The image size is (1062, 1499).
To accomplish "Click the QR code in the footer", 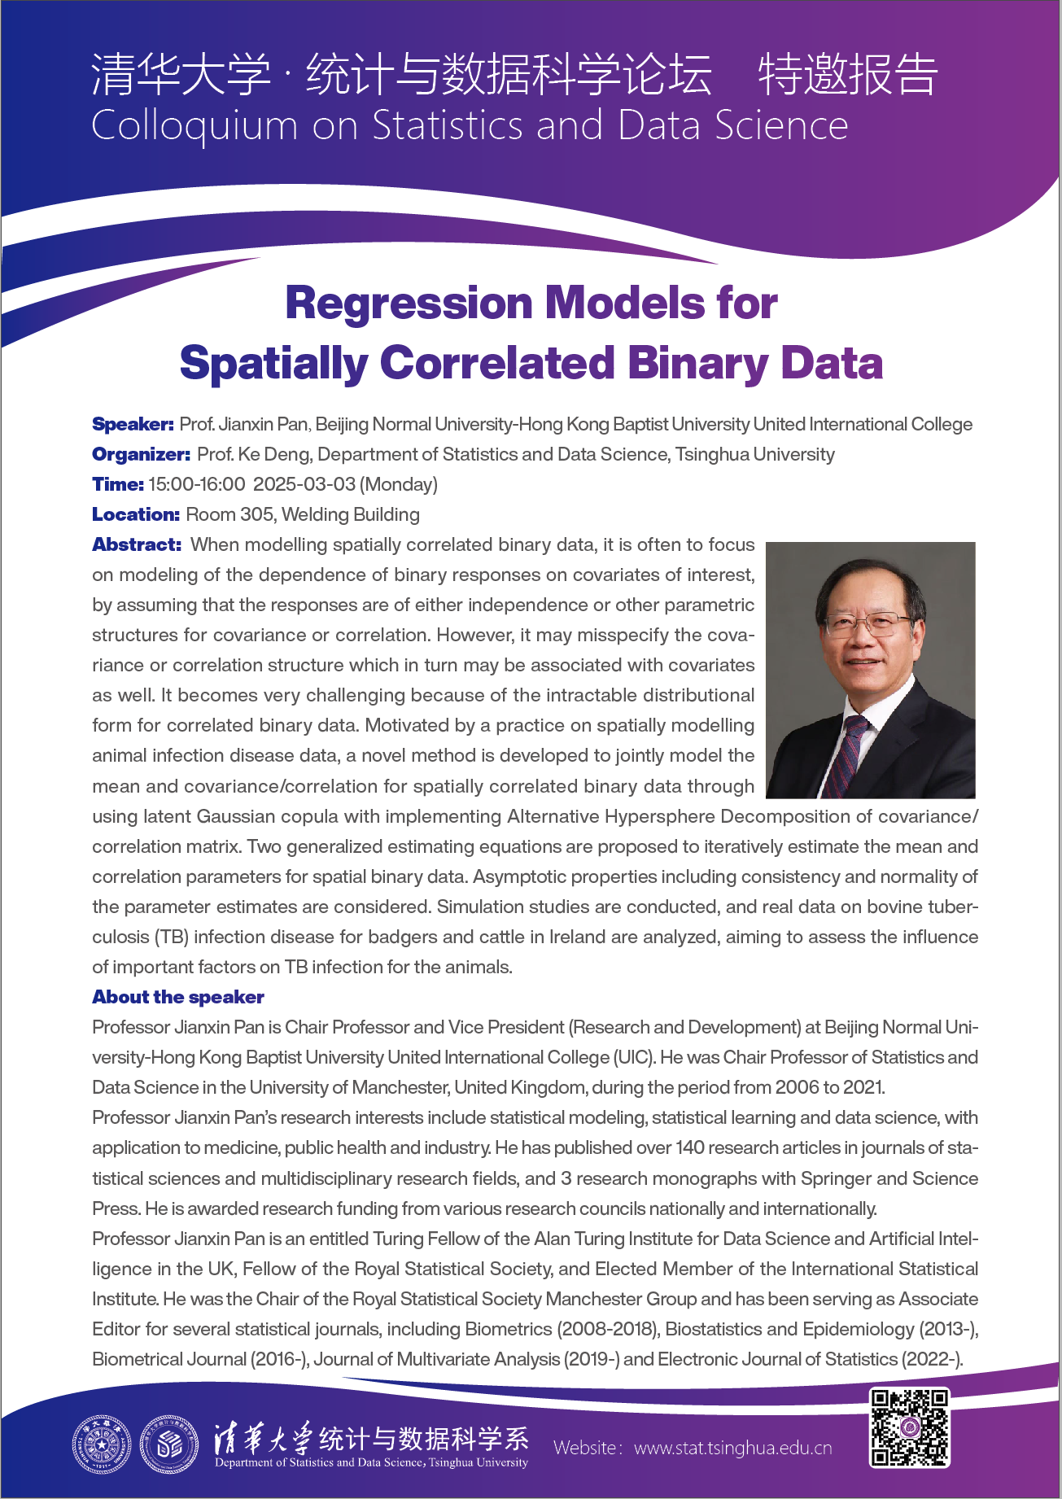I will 909,1427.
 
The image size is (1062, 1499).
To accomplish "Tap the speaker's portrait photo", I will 871,670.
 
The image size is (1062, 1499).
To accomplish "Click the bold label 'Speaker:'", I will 133,424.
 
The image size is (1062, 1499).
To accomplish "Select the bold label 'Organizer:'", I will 141,454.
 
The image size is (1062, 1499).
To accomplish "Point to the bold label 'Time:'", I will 118,484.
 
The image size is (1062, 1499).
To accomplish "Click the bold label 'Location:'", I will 135,514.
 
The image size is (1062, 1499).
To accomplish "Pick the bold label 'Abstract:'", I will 137,544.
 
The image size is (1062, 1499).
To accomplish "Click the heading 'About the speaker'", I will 178,997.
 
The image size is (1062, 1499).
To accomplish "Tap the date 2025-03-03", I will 304,484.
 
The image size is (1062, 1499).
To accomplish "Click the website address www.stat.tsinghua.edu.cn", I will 732,1448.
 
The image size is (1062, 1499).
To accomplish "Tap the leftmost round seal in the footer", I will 101,1445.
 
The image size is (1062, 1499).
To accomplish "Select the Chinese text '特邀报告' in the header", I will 848,75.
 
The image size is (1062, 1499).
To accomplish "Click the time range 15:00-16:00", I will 196,484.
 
